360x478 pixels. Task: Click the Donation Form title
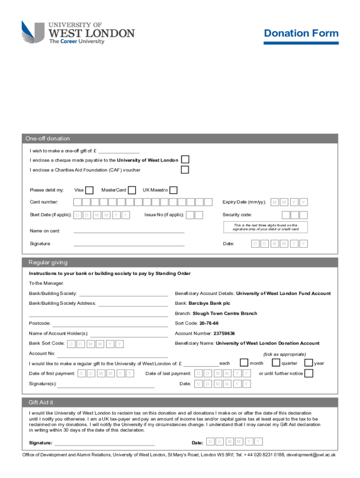point(301,33)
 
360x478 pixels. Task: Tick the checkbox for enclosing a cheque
point(185,160)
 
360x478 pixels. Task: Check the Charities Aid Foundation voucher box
point(185,169)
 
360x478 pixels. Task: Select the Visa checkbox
point(89,190)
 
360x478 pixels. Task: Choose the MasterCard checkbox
point(132,190)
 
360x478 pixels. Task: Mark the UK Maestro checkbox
point(173,190)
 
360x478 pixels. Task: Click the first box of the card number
point(78,202)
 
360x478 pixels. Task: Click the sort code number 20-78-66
point(209,323)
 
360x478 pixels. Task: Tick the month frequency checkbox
point(244,363)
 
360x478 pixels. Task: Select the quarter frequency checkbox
point(276,363)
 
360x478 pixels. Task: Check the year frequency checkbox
point(309,363)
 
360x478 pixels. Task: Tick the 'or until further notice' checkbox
point(309,373)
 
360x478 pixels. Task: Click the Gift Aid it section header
point(44,402)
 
